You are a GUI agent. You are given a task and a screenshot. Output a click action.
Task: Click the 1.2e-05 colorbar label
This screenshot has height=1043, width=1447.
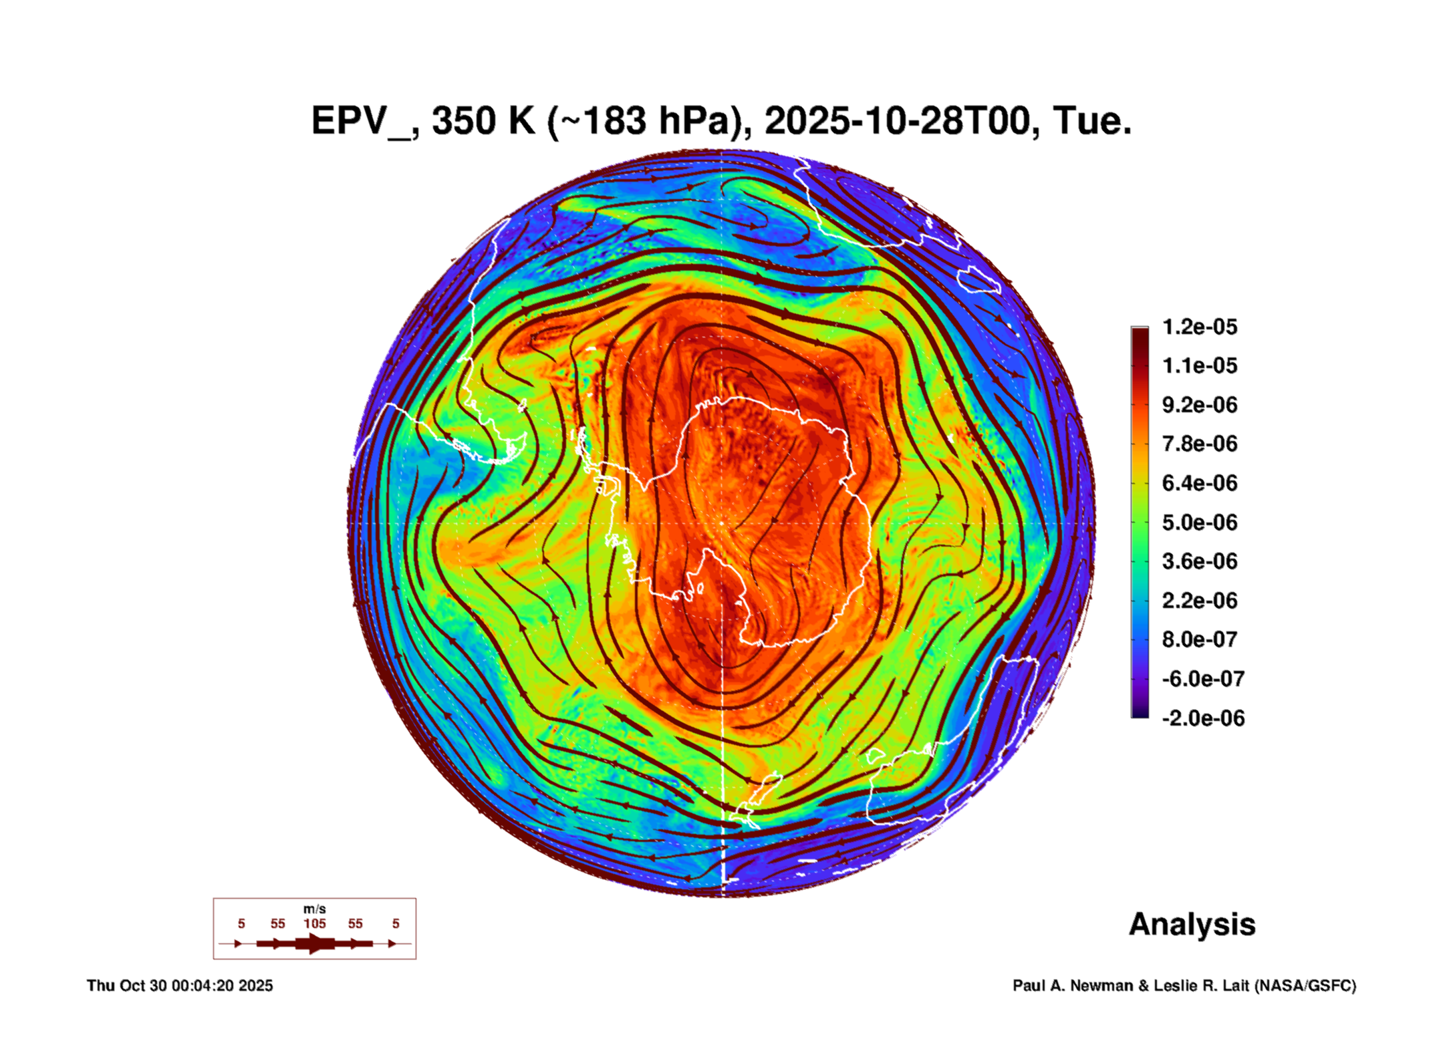point(1199,327)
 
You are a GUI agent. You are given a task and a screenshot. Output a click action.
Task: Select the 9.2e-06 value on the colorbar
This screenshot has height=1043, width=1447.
point(1199,405)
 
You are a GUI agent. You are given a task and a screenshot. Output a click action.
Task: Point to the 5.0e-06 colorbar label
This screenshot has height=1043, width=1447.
point(1199,523)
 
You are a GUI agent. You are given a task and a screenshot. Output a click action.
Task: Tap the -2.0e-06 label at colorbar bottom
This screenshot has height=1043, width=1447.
point(1202,718)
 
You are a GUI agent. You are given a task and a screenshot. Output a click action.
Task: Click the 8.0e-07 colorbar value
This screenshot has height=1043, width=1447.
point(1199,639)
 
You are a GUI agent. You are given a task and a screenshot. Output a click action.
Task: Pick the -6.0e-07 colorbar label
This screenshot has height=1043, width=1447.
point(1202,679)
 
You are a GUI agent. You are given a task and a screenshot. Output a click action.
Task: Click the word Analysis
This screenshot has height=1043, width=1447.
point(1192,925)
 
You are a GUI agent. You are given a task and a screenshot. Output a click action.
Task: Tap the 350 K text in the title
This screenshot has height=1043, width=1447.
point(483,122)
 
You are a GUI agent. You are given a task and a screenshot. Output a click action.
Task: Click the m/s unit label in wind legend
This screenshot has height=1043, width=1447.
point(314,909)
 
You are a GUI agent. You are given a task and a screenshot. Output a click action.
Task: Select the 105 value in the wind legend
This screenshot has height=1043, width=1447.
point(314,924)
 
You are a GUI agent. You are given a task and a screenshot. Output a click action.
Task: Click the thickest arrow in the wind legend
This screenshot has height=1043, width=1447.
point(315,944)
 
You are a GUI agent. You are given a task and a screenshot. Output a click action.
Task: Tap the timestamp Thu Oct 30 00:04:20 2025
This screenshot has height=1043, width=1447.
point(180,986)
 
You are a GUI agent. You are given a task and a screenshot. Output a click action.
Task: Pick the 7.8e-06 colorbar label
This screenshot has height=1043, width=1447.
point(1199,444)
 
